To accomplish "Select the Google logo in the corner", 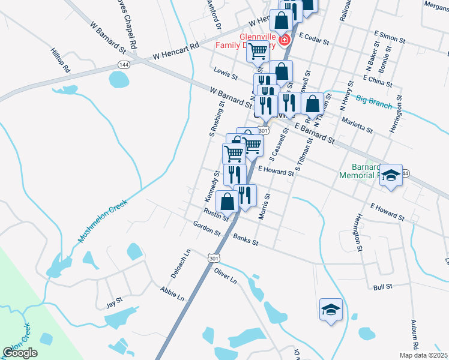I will tap(20, 353).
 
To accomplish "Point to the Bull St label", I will tap(382, 287).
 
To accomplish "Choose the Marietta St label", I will tap(357, 125).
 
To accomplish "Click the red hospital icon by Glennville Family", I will tap(283, 41).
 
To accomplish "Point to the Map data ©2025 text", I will tap(423, 355).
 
